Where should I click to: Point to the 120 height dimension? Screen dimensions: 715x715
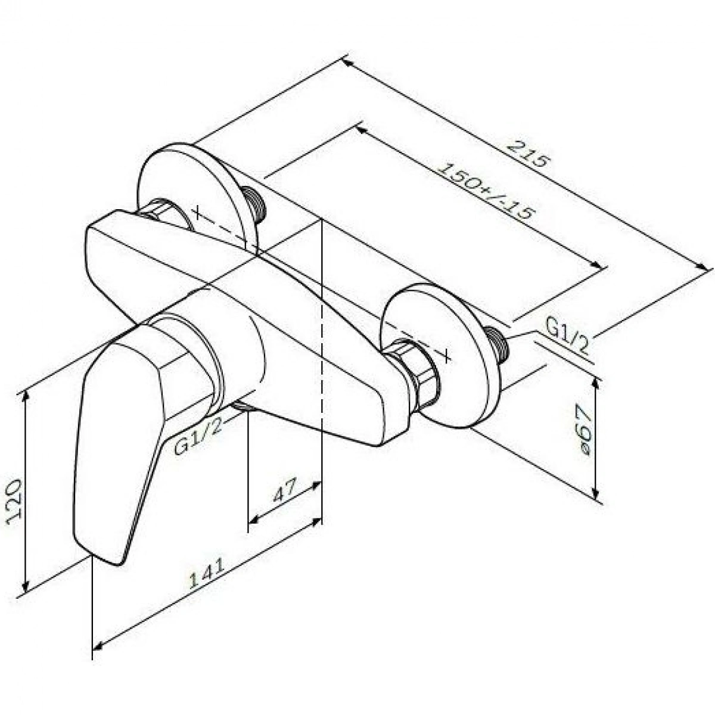[x=15, y=503]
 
